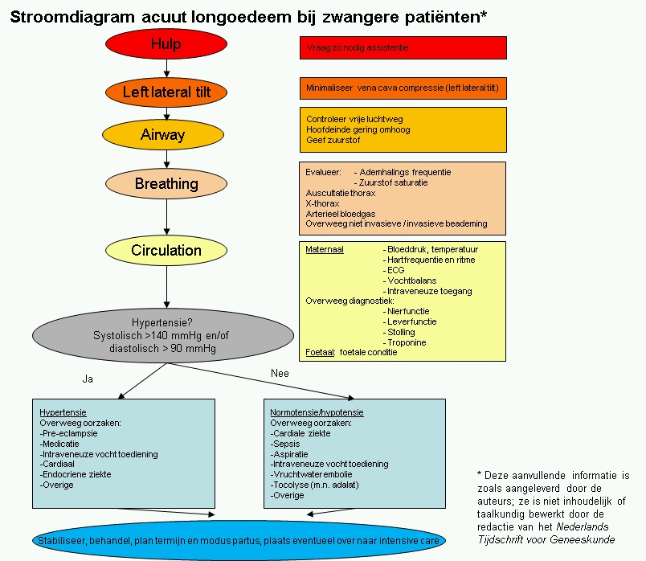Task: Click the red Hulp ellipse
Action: (x=166, y=44)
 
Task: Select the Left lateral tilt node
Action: (x=166, y=92)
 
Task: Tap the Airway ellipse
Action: (x=163, y=135)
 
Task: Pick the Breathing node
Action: (x=166, y=184)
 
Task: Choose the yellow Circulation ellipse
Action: (x=166, y=250)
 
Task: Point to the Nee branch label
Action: (x=279, y=373)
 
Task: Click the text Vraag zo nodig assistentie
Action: (x=358, y=48)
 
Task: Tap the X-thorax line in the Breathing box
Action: (x=323, y=203)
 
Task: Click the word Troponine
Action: (x=407, y=342)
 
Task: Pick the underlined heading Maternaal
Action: (x=325, y=249)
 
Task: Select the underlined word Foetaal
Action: (x=320, y=353)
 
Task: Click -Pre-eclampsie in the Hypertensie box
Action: (x=69, y=433)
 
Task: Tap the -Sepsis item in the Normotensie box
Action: (x=288, y=444)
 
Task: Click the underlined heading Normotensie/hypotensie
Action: (x=317, y=412)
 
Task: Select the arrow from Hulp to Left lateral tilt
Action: (x=166, y=69)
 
